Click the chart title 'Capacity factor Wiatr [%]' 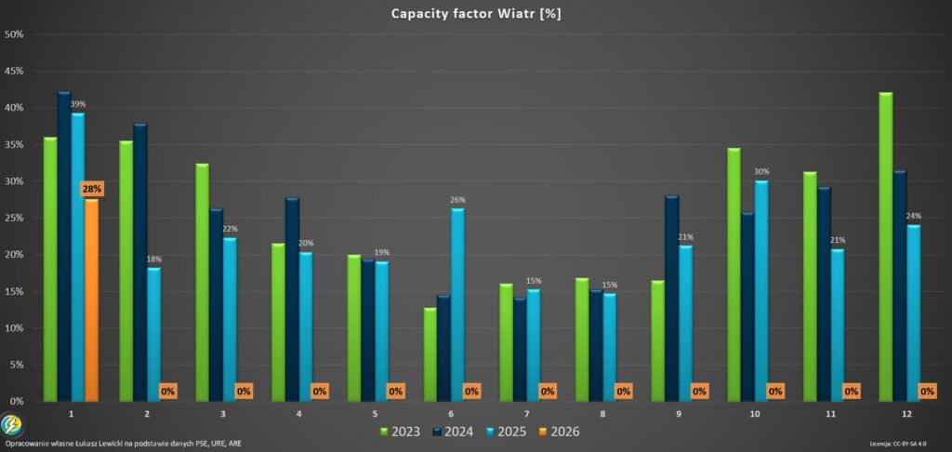(x=475, y=13)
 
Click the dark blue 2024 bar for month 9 (x=672, y=298)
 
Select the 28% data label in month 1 (x=92, y=189)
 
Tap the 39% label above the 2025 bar (x=78, y=104)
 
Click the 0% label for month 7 (x=548, y=392)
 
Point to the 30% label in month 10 (x=761, y=172)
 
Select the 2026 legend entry (x=561, y=432)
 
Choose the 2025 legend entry (x=508, y=432)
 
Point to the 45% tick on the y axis (x=15, y=71)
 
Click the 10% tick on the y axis (x=15, y=328)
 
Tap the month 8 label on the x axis (x=603, y=411)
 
